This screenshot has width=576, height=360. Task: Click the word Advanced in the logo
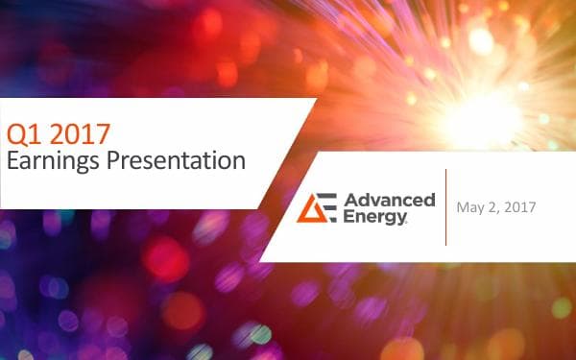coord(388,200)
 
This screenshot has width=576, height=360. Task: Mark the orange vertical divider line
coord(445,206)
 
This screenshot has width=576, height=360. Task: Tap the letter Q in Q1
coord(14,132)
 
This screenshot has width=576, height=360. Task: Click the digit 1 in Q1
coord(33,132)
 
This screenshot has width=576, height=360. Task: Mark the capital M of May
coord(463,206)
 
